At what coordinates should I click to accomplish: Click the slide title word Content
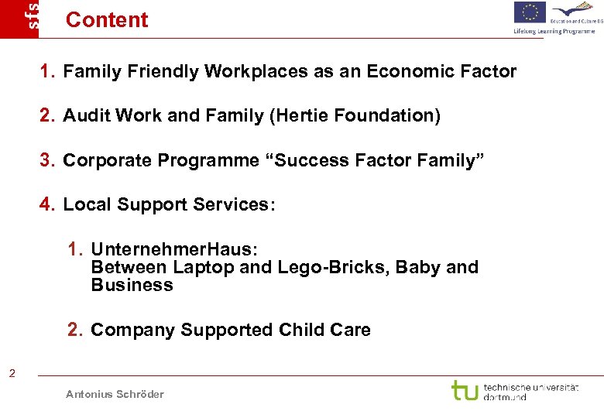pos(107,20)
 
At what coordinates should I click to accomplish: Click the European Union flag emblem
pos(530,12)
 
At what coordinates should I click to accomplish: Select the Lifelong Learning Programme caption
pos(554,31)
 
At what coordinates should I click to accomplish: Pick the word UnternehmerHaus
pos(172,249)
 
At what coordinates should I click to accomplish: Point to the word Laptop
pos(204,268)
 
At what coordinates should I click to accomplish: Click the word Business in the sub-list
pos(132,285)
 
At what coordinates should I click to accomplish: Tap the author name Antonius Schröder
pos(115,394)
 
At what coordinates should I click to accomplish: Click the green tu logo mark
pos(465,389)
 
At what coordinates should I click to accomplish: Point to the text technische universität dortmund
pos(530,391)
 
